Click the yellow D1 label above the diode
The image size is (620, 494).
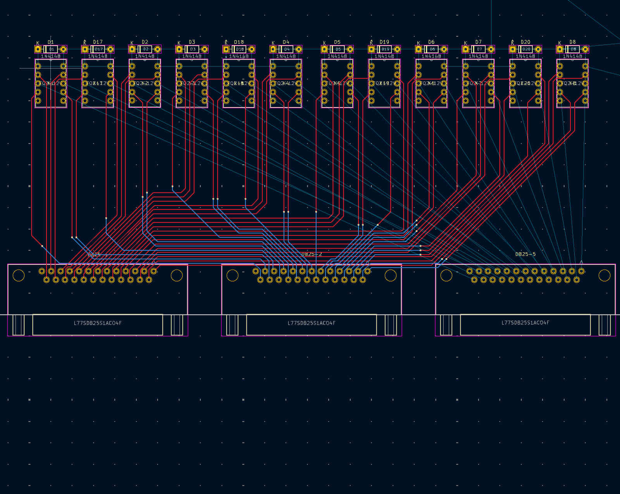(51, 42)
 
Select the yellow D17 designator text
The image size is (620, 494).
(98, 42)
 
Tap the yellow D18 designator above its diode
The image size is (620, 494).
(239, 42)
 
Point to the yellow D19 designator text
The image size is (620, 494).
(384, 42)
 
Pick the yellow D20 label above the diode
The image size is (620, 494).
(525, 42)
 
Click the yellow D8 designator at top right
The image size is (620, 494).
(573, 42)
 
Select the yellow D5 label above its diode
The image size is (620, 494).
(337, 42)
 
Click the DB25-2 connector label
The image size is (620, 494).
(312, 254)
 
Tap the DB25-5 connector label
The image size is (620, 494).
(525, 254)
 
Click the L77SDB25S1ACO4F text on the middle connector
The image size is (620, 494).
(312, 323)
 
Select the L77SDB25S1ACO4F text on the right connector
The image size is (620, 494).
(525, 323)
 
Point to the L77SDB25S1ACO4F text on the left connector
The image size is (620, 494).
(98, 323)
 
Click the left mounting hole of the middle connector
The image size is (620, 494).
(232, 275)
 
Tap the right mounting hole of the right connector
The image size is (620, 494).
(604, 275)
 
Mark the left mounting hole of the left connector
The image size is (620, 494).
(19, 275)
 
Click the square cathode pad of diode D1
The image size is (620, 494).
(38, 49)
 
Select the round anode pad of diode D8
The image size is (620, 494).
(585, 49)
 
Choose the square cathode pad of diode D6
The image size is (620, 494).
(418, 49)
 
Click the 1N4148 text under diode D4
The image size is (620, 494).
(286, 57)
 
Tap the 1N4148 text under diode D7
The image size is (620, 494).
(479, 57)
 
